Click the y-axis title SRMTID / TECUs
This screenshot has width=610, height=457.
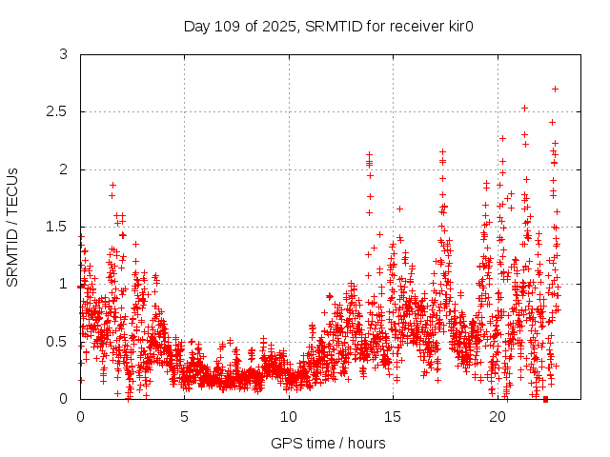click(13, 227)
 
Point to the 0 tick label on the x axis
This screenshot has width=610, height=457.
click(80, 417)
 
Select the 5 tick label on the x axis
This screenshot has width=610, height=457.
click(185, 417)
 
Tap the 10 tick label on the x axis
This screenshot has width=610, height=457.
click(289, 417)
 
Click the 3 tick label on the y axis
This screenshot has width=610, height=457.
click(63, 55)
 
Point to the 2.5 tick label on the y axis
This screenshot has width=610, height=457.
click(57, 112)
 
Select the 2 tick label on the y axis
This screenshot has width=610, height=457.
click(63, 169)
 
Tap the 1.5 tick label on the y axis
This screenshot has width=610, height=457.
click(57, 227)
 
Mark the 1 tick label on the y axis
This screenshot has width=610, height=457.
click(63, 284)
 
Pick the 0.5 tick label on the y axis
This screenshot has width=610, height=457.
click(57, 342)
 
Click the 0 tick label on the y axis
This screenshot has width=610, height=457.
click(63, 399)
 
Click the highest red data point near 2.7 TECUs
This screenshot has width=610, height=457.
click(555, 89)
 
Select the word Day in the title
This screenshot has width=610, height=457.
click(196, 25)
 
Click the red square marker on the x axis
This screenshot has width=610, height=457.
click(545, 399)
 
